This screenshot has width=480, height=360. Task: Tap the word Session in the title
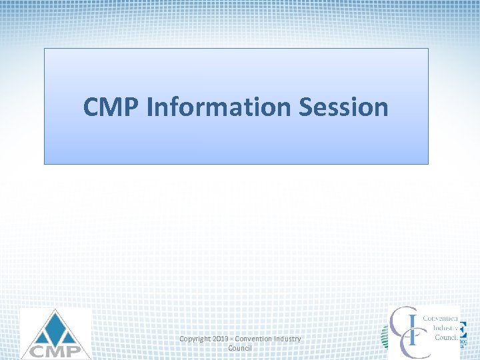tap(347, 107)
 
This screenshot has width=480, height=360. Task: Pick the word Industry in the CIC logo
tap(445, 328)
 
